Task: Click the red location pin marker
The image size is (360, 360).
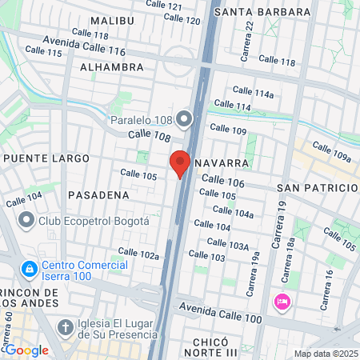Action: coord(180,162)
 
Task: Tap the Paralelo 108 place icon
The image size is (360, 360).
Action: coord(186,121)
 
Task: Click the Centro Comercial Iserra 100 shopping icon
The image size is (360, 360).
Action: coord(30,267)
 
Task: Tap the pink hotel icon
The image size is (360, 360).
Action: coord(282,302)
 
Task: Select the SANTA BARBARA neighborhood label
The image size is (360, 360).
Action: coord(262,12)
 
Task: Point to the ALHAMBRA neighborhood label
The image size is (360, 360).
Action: coord(111,67)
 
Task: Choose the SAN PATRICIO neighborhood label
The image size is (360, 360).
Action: coord(317,187)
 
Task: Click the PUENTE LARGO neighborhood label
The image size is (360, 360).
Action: coord(46,158)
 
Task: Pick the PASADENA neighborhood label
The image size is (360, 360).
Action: coord(98,194)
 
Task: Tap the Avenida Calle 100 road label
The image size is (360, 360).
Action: coord(222,310)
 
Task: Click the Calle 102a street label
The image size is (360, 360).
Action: coord(138,254)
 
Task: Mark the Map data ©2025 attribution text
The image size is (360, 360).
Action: coord(325,354)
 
